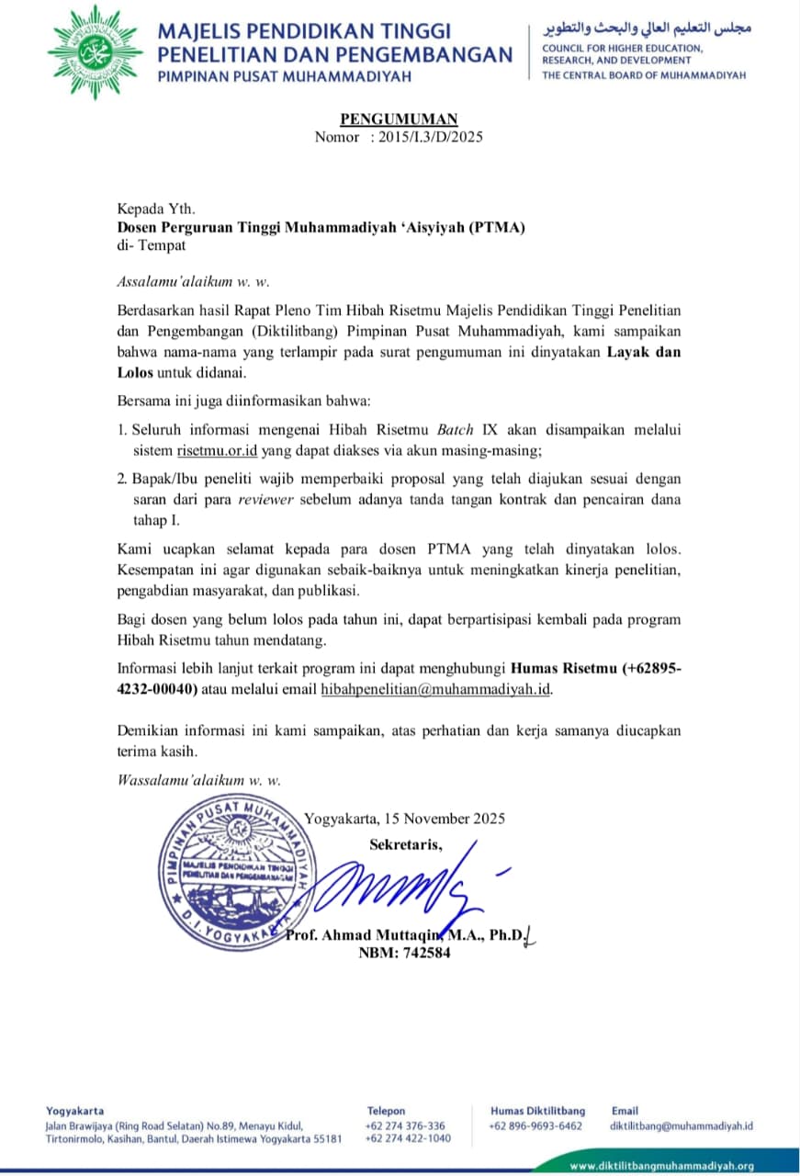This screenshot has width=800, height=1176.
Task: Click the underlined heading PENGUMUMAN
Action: (x=399, y=119)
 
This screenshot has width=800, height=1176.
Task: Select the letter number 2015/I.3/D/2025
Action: (x=431, y=137)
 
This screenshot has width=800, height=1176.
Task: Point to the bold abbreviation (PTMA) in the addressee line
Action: (x=496, y=228)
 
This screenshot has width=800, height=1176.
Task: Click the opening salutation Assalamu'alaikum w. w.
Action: (x=193, y=281)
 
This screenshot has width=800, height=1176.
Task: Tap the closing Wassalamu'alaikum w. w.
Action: (x=198, y=779)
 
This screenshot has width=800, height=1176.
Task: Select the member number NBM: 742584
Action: (x=404, y=953)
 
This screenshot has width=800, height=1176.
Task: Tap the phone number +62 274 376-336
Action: (x=405, y=1125)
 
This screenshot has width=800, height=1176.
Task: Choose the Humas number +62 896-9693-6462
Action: (x=535, y=1125)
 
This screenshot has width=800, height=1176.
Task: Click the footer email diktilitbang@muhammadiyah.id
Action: (x=682, y=1125)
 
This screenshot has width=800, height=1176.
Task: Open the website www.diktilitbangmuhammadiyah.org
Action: (x=661, y=1166)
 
